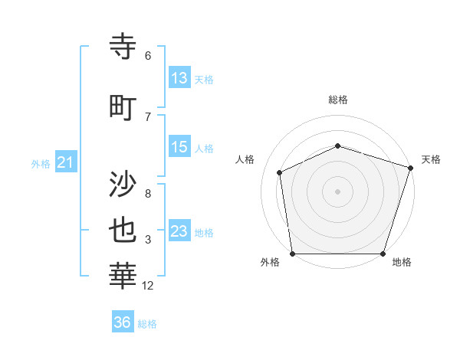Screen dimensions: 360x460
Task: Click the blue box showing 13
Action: (179, 78)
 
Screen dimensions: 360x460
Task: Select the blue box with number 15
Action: (179, 147)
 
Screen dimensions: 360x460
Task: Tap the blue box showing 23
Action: (179, 231)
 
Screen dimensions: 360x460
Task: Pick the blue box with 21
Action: (65, 162)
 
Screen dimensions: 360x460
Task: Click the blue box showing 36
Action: (123, 322)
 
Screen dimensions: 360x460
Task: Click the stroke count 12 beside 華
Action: (148, 286)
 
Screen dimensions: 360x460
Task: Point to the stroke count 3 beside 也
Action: (148, 241)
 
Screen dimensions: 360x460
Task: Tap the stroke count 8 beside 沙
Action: (148, 194)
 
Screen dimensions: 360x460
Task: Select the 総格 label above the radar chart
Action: (338, 100)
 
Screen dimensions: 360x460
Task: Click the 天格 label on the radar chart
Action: (432, 159)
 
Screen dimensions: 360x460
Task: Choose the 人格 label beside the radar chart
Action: (245, 159)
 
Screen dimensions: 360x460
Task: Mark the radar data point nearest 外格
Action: (292, 254)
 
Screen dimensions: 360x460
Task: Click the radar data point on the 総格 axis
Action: (338, 146)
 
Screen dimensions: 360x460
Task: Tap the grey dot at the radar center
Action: (338, 191)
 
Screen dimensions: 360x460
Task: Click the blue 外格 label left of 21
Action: (41, 163)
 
